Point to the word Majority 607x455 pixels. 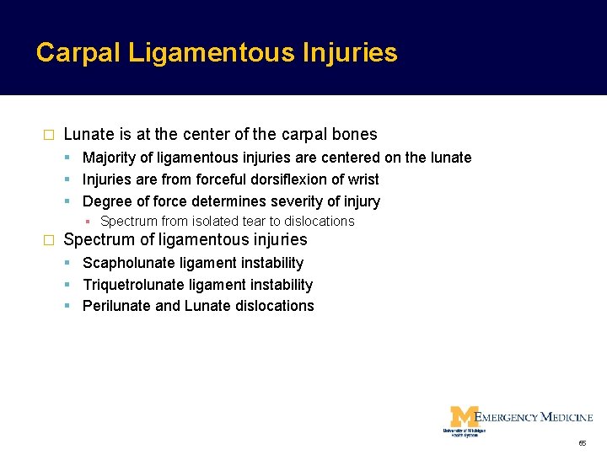coord(110,158)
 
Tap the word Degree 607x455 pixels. coord(106,201)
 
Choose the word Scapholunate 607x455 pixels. coord(126,263)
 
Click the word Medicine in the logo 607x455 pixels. coord(567,417)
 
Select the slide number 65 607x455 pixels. coord(583,443)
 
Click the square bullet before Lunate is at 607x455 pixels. coord(48,135)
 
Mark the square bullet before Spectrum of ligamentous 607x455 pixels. coord(48,240)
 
